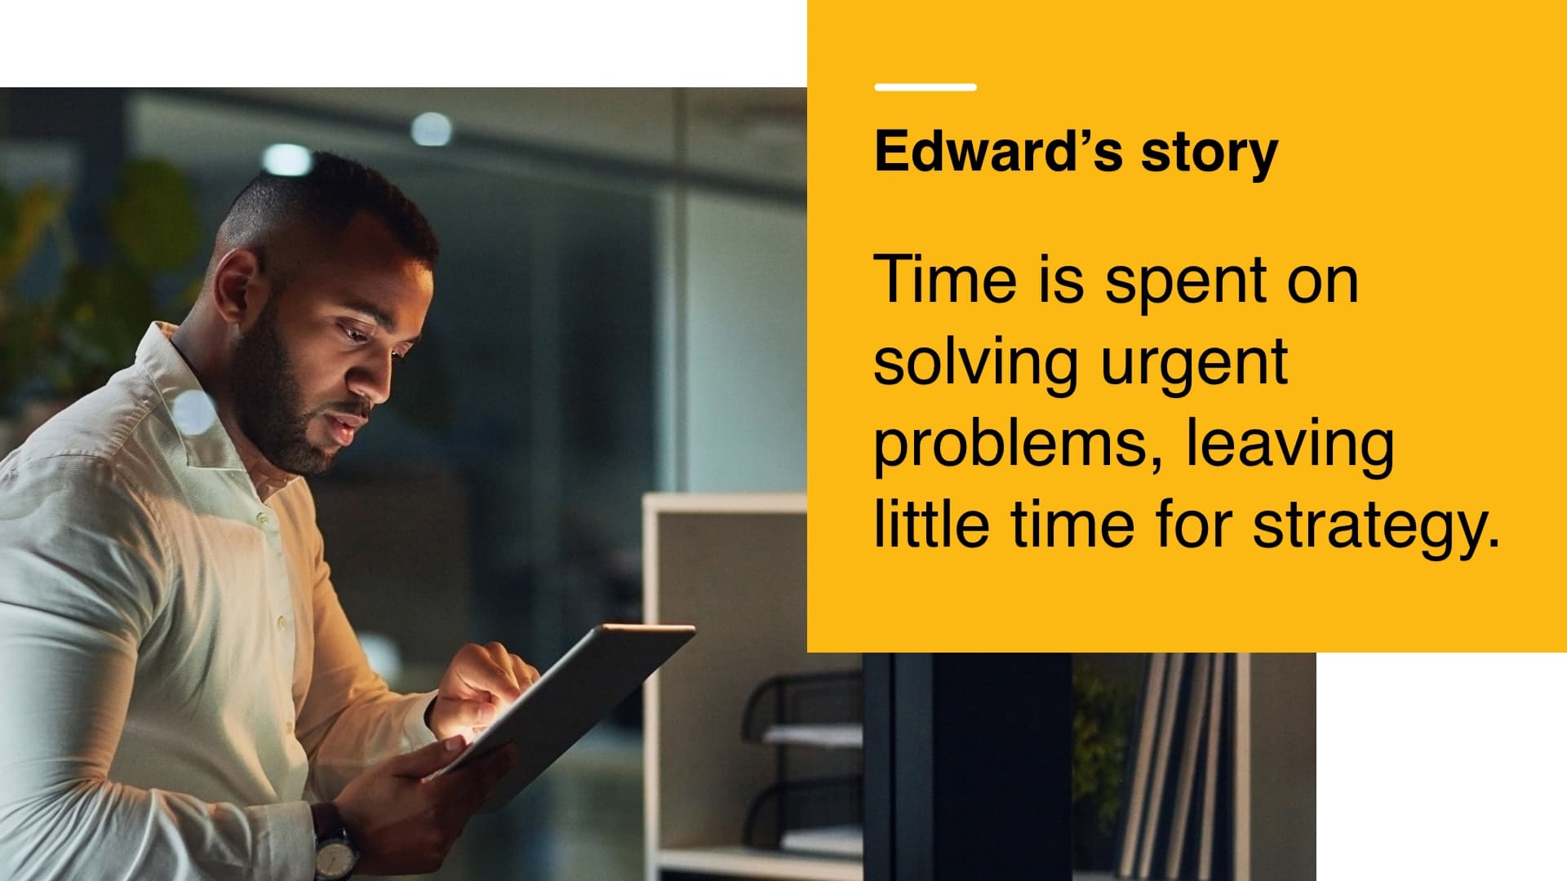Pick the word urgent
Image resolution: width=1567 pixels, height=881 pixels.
click(x=1195, y=367)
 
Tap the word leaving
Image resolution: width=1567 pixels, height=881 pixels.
click(x=1290, y=445)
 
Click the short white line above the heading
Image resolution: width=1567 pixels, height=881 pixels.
click(x=926, y=86)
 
